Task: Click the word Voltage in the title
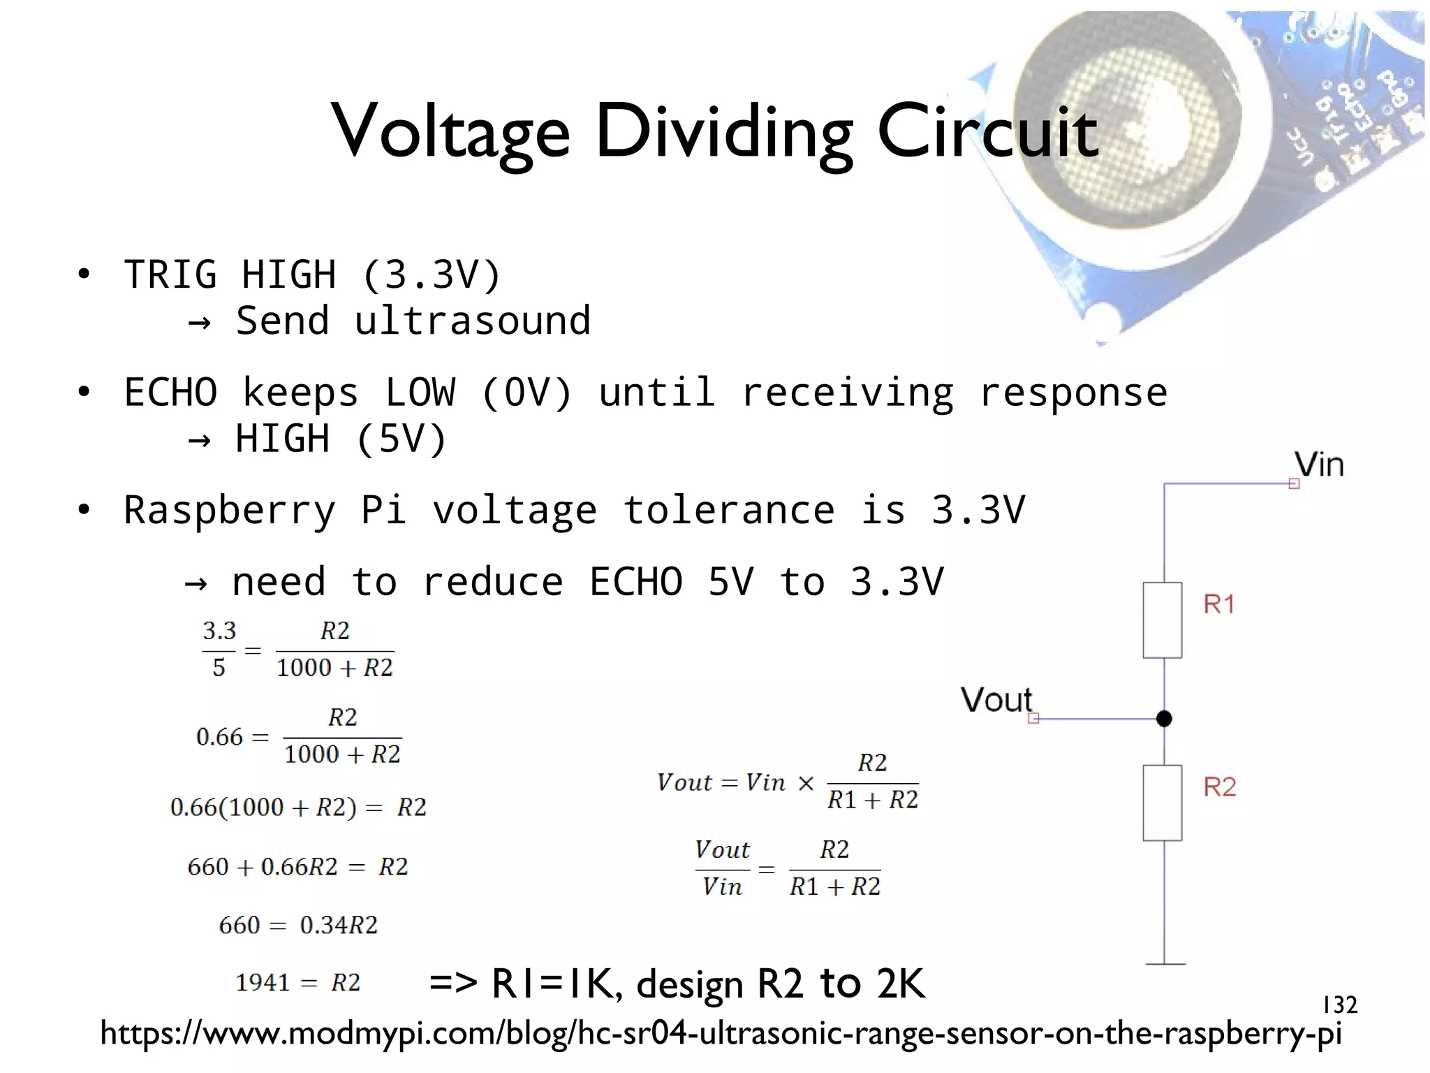click(x=451, y=131)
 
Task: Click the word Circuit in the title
click(x=987, y=131)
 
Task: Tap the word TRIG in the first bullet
click(x=170, y=274)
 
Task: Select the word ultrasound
click(x=473, y=321)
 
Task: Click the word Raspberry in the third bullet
click(x=230, y=510)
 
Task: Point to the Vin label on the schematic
click(x=1318, y=465)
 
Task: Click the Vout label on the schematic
click(x=996, y=699)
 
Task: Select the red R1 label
click(x=1219, y=604)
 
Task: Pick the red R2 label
click(x=1219, y=787)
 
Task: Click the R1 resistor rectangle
click(x=1163, y=620)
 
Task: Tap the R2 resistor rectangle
click(x=1163, y=803)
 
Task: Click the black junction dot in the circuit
click(x=1164, y=718)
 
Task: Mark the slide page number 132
click(x=1339, y=1005)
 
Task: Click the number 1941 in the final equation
click(x=263, y=983)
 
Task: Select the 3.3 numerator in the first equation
click(x=219, y=631)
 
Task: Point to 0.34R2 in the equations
click(x=339, y=925)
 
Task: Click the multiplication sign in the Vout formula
click(x=806, y=782)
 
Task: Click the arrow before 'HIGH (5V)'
click(x=200, y=440)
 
